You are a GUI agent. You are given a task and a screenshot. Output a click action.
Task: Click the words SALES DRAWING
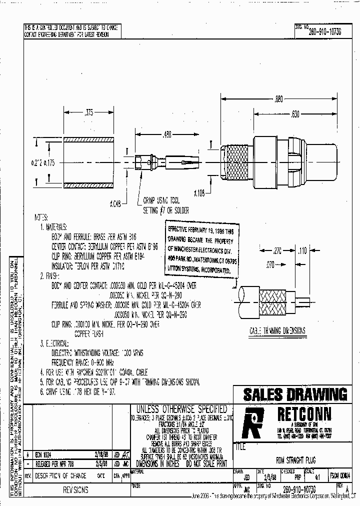point(295,394)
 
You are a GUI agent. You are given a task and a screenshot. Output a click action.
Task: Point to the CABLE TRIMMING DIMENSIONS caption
point(284,331)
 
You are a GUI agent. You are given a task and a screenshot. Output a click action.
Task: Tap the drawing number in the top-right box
point(324,31)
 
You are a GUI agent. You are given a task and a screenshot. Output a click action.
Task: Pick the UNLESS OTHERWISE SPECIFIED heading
point(178,409)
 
